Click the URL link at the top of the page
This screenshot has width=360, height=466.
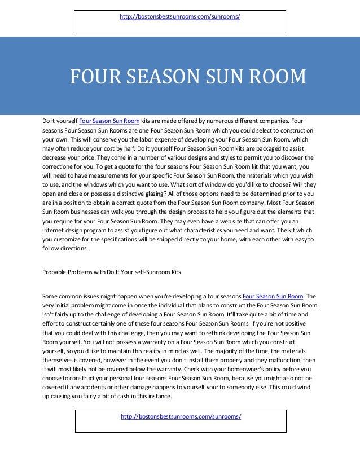180,17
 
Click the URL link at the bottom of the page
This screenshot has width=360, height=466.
181,416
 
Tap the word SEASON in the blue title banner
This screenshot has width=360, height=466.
156,77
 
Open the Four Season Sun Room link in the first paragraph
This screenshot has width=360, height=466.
109,121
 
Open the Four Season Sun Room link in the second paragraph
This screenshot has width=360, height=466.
273,295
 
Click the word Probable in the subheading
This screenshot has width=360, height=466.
55,272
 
